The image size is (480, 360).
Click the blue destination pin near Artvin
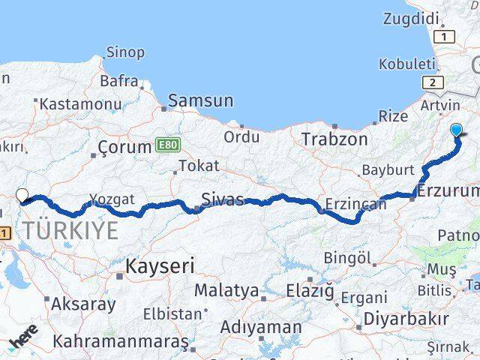(457, 130)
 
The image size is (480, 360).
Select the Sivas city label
(223, 199)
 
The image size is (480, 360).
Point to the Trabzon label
(334, 139)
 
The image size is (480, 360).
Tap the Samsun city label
(201, 100)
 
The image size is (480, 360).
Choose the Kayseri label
(160, 265)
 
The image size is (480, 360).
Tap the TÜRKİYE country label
(70, 230)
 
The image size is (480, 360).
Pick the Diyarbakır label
(405, 318)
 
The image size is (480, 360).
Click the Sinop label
(125, 52)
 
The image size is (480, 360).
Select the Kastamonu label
(80, 104)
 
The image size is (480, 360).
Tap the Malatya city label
(226, 289)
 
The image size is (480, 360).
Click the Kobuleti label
(406, 64)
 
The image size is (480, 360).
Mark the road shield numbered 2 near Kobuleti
(433, 82)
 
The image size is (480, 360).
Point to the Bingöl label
(347, 258)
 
